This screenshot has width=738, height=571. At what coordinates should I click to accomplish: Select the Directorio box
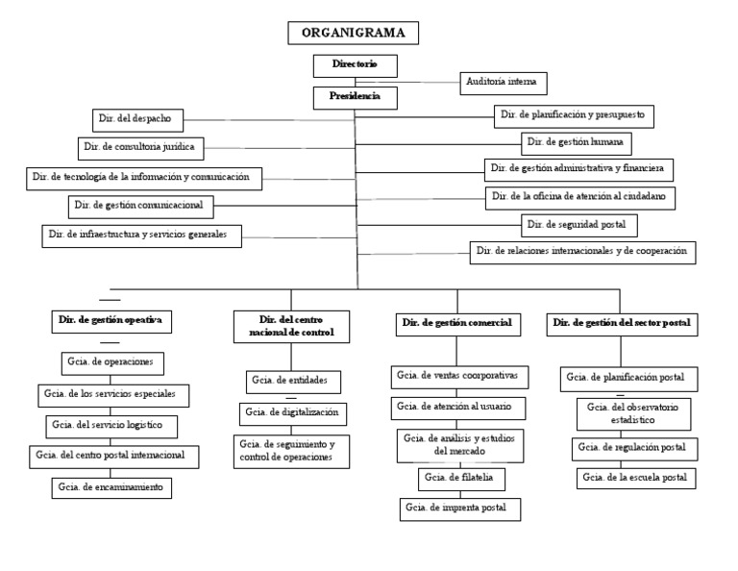tap(355, 65)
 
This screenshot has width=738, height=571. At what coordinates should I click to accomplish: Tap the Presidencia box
tap(355, 97)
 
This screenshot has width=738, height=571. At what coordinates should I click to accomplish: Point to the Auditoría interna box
tap(504, 84)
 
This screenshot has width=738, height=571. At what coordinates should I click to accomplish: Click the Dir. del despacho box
tap(135, 118)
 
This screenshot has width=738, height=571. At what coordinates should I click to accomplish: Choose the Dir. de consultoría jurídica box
tap(141, 148)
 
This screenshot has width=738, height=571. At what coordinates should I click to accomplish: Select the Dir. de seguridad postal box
tap(579, 225)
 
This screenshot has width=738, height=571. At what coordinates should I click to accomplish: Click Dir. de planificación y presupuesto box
tap(575, 115)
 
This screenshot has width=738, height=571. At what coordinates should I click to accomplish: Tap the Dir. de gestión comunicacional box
tap(140, 206)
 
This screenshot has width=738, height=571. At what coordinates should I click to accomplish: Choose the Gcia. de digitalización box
tap(293, 413)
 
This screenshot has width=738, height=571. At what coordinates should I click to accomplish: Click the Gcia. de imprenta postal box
tap(460, 508)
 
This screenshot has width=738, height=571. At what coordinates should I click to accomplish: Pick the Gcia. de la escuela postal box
tap(636, 477)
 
